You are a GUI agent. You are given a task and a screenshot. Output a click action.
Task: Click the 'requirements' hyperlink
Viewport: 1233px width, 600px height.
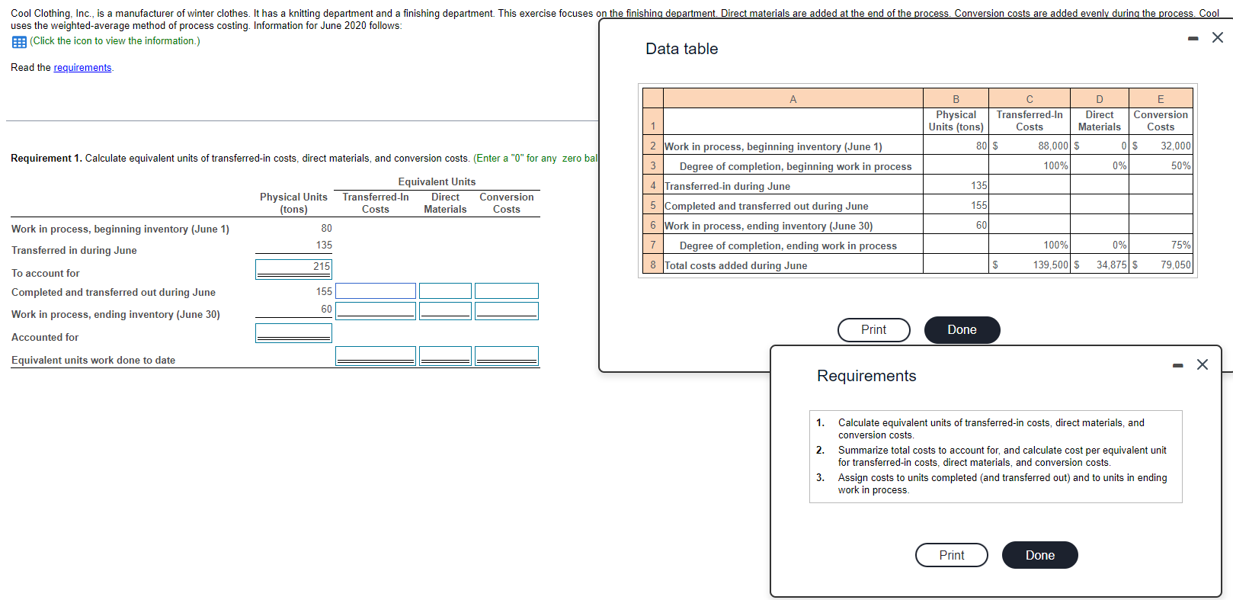pos(82,68)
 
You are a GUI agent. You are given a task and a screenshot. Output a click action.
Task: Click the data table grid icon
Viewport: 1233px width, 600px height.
pos(19,42)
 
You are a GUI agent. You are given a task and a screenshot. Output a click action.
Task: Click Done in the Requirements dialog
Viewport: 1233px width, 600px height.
pos(1039,555)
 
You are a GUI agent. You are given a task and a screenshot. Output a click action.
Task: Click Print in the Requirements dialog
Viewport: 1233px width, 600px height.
pos(951,555)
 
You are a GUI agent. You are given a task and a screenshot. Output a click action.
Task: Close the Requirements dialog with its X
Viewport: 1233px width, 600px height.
pos(1203,365)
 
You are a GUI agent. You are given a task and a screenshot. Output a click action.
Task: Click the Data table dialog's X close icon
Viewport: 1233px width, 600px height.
pos(1217,38)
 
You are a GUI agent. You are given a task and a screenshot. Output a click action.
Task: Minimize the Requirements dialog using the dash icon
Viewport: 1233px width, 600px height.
pos(1178,366)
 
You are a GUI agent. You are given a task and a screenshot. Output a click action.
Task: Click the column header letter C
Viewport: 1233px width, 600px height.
pos(1029,99)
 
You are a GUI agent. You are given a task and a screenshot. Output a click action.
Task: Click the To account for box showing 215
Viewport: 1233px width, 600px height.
pos(293,268)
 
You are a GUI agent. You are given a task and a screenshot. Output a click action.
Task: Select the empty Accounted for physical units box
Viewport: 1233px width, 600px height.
pos(293,332)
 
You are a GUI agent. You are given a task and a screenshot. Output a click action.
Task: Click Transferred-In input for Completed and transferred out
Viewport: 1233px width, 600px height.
pos(376,291)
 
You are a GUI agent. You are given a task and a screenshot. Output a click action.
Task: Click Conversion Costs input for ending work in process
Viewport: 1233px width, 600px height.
pos(506,310)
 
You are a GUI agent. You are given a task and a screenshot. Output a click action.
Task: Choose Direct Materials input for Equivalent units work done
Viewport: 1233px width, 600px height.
pos(445,355)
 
